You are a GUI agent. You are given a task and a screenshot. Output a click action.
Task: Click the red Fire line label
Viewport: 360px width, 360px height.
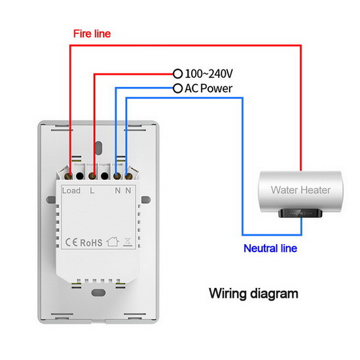[92, 34]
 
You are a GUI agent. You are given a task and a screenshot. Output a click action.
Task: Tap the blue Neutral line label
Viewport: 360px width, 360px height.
[270, 249]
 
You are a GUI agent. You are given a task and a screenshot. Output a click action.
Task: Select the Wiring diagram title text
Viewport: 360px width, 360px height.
[253, 294]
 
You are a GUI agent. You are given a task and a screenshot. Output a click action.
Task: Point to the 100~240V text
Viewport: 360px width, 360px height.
[209, 73]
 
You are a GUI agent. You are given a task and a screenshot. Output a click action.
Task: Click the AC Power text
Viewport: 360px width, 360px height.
[208, 88]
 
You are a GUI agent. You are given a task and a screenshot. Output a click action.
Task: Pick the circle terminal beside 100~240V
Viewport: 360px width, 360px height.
[177, 74]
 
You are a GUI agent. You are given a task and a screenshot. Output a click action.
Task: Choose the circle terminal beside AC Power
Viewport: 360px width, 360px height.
[177, 88]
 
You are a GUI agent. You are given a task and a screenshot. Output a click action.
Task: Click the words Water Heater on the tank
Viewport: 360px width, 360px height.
[300, 190]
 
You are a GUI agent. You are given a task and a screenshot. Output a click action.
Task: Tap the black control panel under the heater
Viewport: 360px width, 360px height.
[300, 213]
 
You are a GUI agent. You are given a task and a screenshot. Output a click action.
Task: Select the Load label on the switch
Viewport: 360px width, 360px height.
[71, 190]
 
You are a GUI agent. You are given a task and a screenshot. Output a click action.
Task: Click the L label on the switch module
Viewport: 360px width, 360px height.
[92, 190]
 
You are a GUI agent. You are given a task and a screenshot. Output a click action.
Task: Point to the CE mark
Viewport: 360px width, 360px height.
[71, 242]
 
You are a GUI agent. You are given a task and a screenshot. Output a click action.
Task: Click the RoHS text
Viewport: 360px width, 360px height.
[91, 243]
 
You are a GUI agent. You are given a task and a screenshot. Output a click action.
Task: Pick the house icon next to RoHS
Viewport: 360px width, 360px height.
[113, 242]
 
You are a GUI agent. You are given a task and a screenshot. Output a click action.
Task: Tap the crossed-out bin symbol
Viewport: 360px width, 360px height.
[128, 242]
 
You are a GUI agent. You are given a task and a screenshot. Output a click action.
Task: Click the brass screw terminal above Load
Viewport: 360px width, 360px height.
[69, 176]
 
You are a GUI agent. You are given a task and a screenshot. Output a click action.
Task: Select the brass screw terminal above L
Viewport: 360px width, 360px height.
[92, 176]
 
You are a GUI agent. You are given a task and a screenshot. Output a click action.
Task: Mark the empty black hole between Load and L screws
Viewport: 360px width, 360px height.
[80, 176]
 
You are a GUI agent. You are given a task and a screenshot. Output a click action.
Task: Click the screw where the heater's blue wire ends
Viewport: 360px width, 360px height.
[128, 176]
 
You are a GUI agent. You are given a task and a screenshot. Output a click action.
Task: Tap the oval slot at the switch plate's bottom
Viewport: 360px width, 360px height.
[98, 293]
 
